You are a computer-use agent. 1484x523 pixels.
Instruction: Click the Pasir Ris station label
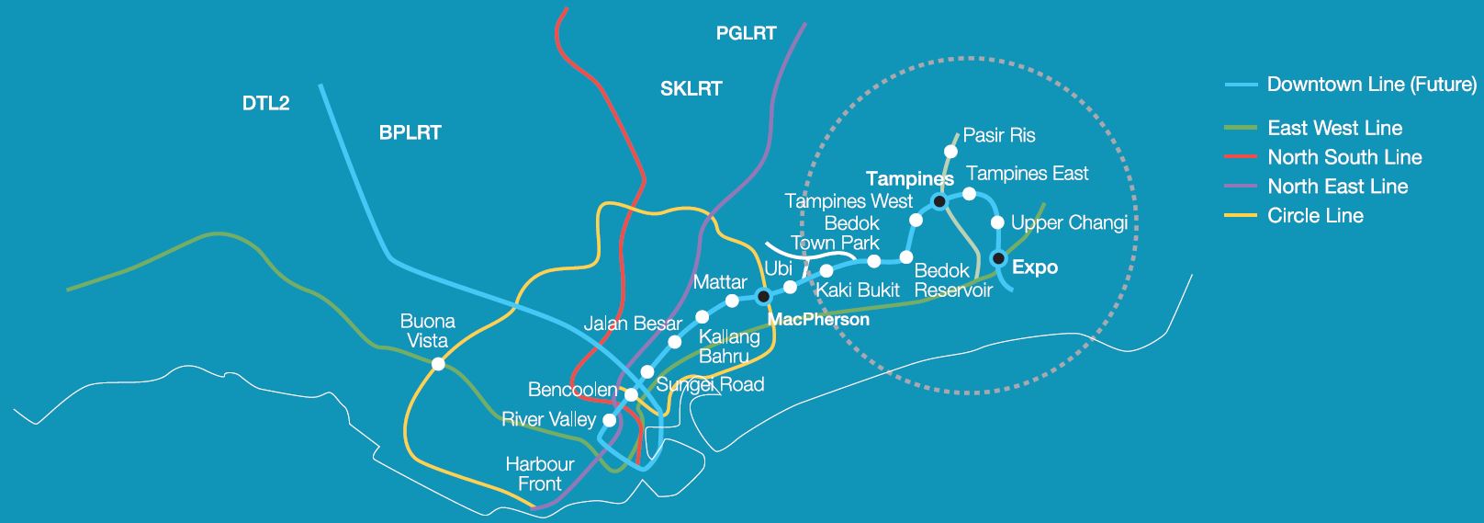click(998, 136)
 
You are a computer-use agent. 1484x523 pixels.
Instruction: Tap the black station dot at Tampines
click(939, 200)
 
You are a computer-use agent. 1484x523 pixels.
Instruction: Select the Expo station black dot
click(999, 257)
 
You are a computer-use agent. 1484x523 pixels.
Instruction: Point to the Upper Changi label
click(1068, 223)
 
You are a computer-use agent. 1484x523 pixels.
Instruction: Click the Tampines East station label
click(1027, 174)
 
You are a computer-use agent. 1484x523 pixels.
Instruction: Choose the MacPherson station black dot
click(762, 296)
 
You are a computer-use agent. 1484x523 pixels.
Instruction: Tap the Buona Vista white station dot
click(438, 364)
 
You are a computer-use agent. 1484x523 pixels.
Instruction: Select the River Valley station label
click(548, 420)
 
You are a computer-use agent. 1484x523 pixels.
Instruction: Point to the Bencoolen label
click(572, 391)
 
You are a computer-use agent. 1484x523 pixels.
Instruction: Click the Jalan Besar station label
click(633, 324)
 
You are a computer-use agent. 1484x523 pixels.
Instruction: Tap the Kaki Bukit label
click(858, 290)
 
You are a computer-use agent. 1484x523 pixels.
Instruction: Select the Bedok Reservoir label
click(953, 281)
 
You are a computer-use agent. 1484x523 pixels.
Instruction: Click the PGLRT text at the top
click(746, 34)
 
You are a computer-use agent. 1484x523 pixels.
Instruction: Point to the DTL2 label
click(265, 104)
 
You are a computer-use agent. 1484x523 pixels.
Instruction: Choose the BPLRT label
click(410, 133)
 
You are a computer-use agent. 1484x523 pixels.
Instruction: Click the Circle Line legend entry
click(1314, 216)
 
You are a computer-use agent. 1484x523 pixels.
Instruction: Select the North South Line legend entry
click(1343, 157)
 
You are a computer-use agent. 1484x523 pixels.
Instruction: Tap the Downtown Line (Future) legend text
click(1371, 85)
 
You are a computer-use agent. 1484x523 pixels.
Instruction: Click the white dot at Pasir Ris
click(951, 152)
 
